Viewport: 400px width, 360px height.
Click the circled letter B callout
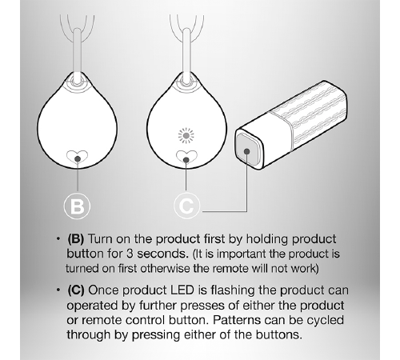point(77,206)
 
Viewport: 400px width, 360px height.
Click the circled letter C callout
point(186,206)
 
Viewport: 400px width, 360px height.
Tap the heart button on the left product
point(77,157)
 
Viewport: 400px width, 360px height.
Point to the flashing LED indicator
point(186,135)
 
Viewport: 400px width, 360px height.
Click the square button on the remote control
point(247,151)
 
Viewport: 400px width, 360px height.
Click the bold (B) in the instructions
point(76,239)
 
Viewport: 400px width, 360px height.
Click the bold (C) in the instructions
point(76,290)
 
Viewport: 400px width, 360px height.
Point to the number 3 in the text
point(130,254)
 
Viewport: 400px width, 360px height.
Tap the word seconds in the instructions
point(162,254)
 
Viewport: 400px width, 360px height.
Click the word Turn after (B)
point(100,239)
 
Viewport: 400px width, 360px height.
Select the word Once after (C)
point(103,290)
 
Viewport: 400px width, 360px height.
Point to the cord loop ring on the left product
point(77,81)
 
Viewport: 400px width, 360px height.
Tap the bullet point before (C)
point(58,290)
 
